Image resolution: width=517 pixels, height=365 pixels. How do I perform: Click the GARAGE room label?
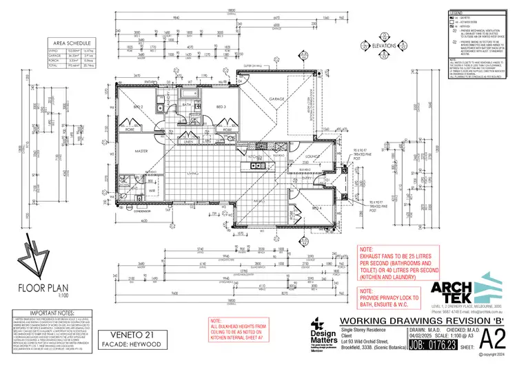click(277, 101)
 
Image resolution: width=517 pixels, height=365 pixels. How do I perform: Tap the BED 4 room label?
click(316, 207)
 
